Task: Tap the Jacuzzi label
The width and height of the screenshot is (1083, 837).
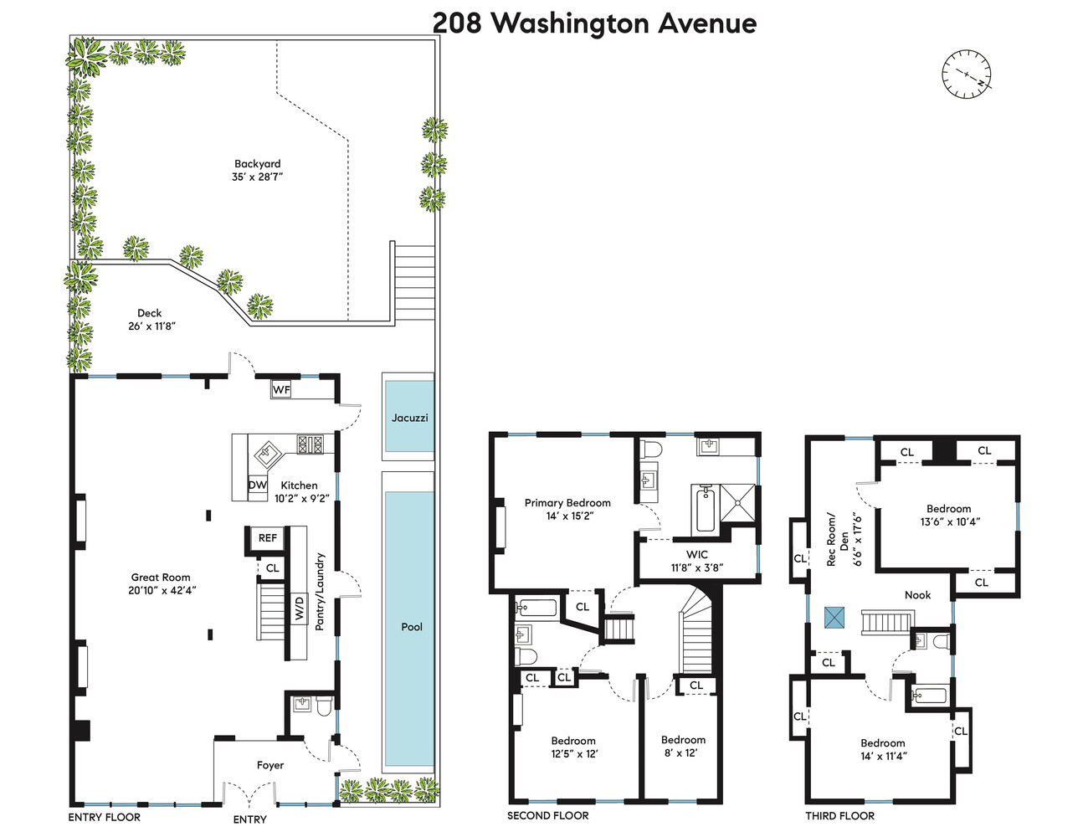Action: [409, 418]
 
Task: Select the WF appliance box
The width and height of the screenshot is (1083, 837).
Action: [281, 389]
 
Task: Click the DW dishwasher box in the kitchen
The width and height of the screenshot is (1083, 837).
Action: [258, 485]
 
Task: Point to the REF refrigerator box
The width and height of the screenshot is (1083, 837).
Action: [268, 538]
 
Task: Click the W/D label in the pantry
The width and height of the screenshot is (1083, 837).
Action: [299, 608]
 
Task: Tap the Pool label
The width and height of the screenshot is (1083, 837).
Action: [412, 627]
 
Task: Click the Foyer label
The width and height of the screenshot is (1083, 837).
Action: [270, 765]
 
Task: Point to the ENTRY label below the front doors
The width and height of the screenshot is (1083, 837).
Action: [249, 819]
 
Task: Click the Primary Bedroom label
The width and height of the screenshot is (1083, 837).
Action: [567, 503]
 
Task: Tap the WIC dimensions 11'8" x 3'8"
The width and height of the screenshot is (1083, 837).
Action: [696, 567]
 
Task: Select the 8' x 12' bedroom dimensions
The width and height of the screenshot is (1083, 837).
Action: [680, 752]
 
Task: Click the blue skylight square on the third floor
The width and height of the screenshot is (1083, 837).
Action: [834, 617]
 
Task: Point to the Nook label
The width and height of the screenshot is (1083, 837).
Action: [917, 595]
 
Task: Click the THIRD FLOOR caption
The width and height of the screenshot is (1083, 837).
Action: [839, 816]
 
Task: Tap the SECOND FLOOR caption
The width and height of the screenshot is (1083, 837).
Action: [547, 815]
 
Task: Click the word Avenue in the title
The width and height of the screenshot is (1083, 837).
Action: [707, 23]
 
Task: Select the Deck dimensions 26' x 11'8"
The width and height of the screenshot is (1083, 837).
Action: [152, 326]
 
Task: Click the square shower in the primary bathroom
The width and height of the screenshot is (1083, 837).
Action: [738, 503]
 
